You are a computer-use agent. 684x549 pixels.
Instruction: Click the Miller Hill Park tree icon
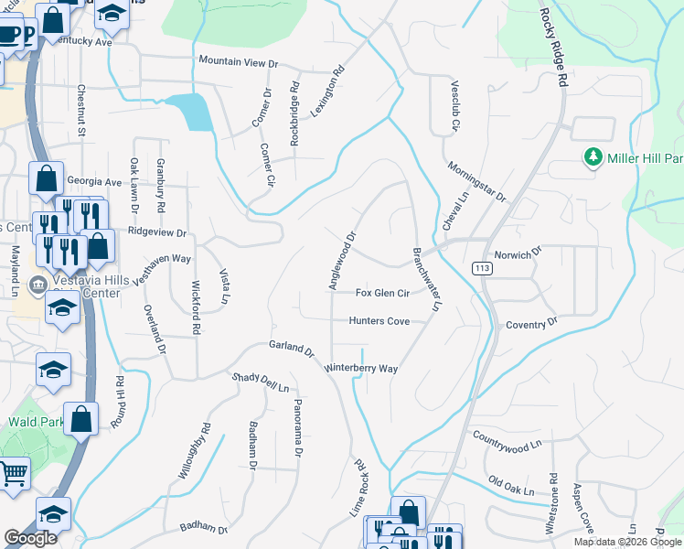click(x=593, y=157)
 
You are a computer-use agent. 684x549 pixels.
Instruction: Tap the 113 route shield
click(x=481, y=267)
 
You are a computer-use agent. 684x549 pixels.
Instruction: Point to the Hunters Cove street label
click(x=379, y=321)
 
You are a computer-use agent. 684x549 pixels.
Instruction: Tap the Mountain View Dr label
click(x=238, y=62)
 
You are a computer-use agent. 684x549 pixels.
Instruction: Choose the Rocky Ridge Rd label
click(x=554, y=47)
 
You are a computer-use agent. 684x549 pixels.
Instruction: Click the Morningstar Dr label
click(x=476, y=182)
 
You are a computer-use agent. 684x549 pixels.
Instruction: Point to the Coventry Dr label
click(x=530, y=325)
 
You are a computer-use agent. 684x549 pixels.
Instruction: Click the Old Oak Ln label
click(x=511, y=486)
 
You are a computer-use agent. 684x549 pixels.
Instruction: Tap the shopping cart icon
click(x=13, y=475)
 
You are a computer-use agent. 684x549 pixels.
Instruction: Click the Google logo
click(x=30, y=538)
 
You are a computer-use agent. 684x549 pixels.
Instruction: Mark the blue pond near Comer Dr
click(x=195, y=113)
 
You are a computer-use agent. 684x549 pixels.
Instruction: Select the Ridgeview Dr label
click(x=156, y=232)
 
